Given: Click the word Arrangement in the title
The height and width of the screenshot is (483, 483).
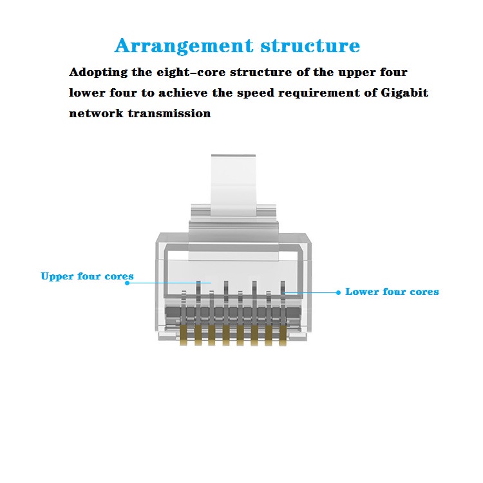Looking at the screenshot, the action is pos(184,46).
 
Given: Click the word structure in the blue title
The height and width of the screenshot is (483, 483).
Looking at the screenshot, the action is pos(310,46).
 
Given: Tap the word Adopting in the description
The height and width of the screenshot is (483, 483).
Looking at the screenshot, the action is pos(99,73).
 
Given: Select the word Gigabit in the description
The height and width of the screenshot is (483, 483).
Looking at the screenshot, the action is pos(404,93).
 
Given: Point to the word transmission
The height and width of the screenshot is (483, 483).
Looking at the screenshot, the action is pos(169,113).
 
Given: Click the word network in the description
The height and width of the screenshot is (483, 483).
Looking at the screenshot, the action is pos(96,113).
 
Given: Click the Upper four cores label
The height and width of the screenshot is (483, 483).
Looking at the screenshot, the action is pos(87,276).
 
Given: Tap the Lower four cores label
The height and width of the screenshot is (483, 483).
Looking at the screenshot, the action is pos(392,291).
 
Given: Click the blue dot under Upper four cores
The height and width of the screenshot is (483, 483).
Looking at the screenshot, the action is pos(128,283).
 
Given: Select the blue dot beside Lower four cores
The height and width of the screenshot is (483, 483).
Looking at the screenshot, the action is pos(338,292).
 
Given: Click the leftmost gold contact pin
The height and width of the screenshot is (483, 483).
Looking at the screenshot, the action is pos(184,335).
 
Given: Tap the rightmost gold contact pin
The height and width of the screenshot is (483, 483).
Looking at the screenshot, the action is pos(283,336).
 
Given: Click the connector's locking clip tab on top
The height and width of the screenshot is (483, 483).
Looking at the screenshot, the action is pos(234,185).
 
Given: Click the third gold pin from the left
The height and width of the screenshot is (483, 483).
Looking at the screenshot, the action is pos(212,336).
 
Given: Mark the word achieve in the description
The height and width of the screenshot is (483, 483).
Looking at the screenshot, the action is pos(183,93).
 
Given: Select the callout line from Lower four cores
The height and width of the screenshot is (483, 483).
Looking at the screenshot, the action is pos(311,292).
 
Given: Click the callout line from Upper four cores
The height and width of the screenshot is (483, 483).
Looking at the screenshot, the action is pos(169,283).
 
